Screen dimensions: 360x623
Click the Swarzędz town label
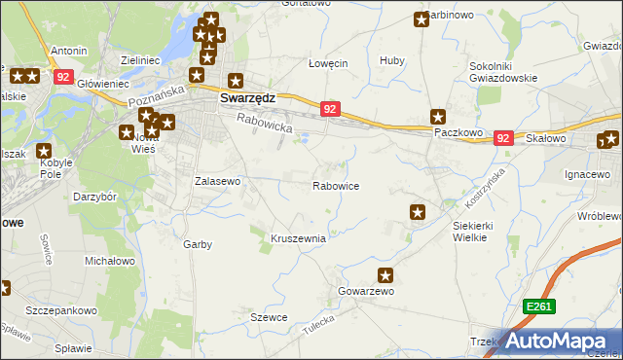click(x=247, y=98)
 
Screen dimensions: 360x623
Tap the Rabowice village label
click(x=338, y=186)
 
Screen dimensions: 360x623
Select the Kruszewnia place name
click(x=298, y=238)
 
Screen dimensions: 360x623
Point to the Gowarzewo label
click(x=365, y=291)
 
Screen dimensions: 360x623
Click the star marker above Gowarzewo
click(x=386, y=275)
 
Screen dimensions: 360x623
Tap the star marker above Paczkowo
click(x=438, y=116)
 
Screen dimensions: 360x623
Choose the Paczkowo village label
click(x=458, y=131)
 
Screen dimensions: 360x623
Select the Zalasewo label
click(x=218, y=181)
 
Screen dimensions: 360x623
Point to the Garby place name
click(x=198, y=244)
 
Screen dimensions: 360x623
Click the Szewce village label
click(x=269, y=317)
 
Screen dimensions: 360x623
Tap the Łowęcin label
click(x=328, y=63)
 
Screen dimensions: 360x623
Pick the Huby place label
click(x=392, y=61)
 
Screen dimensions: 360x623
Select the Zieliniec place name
click(x=139, y=60)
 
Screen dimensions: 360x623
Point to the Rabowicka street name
click(x=264, y=124)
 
